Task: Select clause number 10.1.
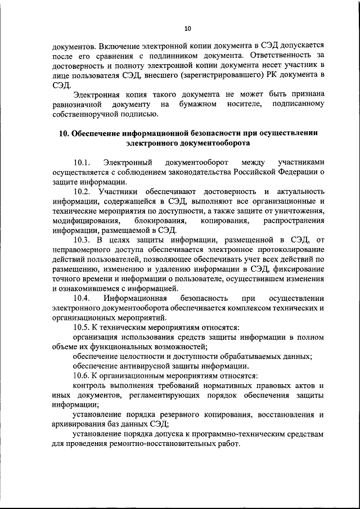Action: point(83,162)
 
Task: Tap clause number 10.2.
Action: point(83,192)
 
